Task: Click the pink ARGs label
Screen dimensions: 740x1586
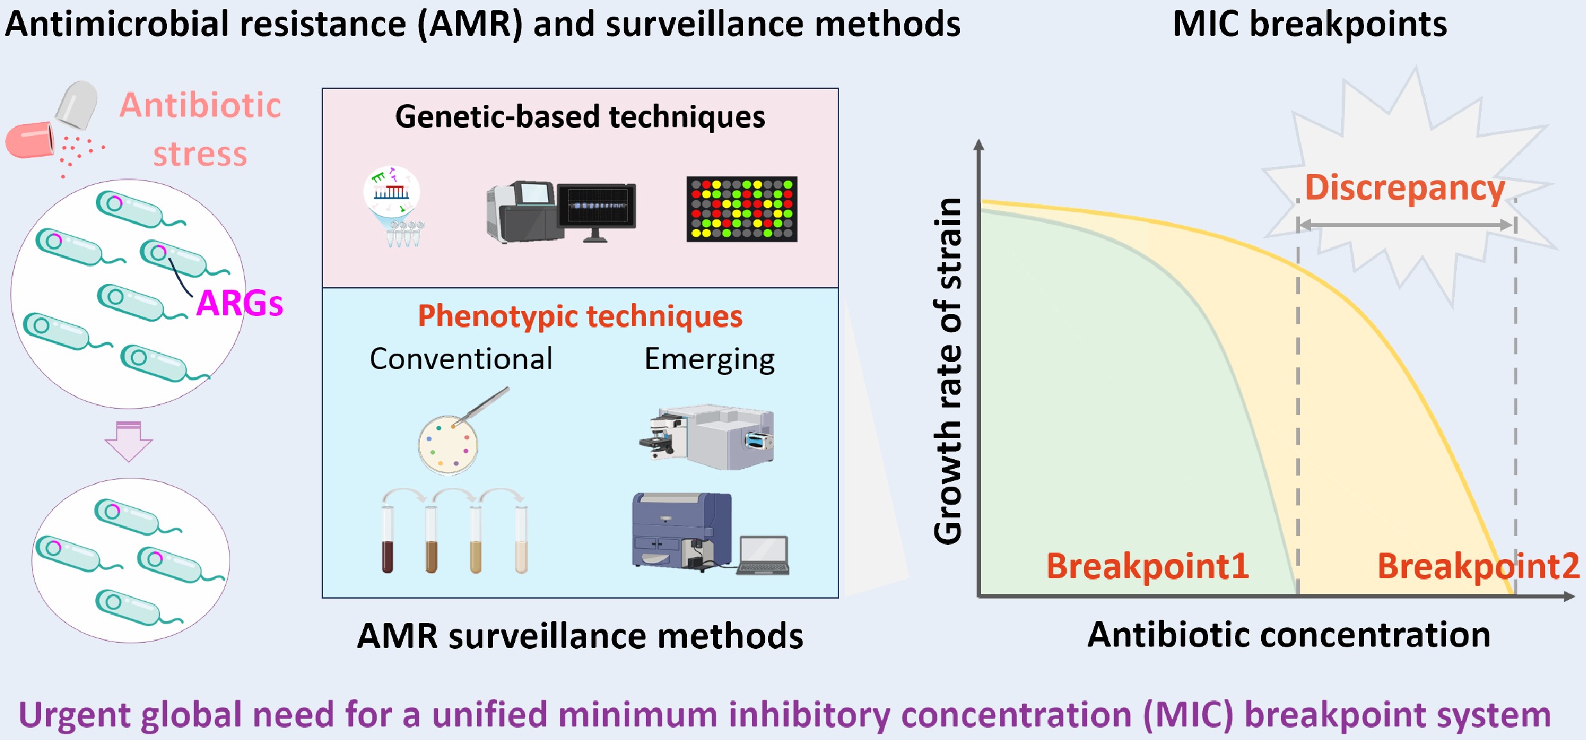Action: (239, 303)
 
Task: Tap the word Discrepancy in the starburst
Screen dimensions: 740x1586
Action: (1404, 187)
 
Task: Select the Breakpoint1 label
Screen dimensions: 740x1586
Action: (1147, 566)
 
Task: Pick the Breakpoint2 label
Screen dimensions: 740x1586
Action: (1478, 566)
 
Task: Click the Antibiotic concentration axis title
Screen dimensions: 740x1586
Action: (1289, 634)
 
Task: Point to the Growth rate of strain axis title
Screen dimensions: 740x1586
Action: (948, 371)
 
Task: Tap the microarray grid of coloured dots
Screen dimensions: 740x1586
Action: (742, 209)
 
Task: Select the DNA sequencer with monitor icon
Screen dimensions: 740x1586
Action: (561, 212)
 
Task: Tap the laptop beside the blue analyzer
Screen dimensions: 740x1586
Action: (763, 555)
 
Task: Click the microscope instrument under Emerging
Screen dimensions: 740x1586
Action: (707, 436)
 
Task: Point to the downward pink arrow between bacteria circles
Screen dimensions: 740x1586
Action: (129, 441)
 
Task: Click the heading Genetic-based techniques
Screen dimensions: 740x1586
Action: (580, 117)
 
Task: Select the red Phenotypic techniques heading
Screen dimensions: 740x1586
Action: (580, 316)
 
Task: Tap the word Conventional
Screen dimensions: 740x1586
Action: (461, 359)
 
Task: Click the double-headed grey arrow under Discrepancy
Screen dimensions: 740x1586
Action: (1406, 224)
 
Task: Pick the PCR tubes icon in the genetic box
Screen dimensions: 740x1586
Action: (404, 234)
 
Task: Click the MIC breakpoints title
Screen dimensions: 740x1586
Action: (1309, 24)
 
